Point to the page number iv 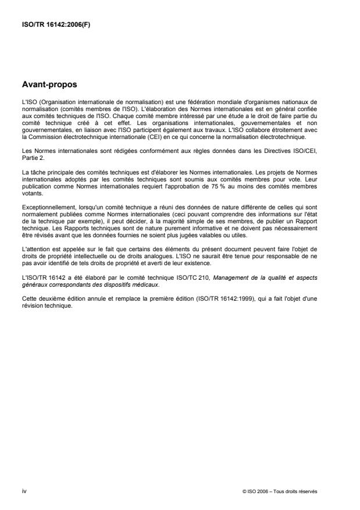(x=24, y=491)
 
